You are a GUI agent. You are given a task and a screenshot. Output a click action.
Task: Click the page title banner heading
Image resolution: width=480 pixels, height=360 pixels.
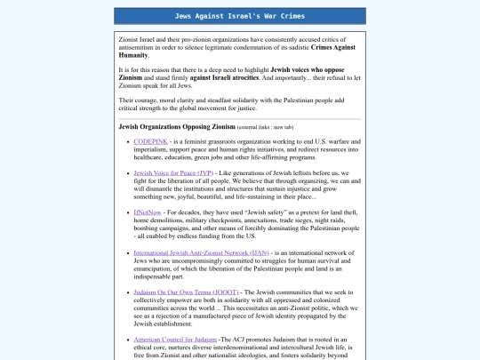click(240, 16)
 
